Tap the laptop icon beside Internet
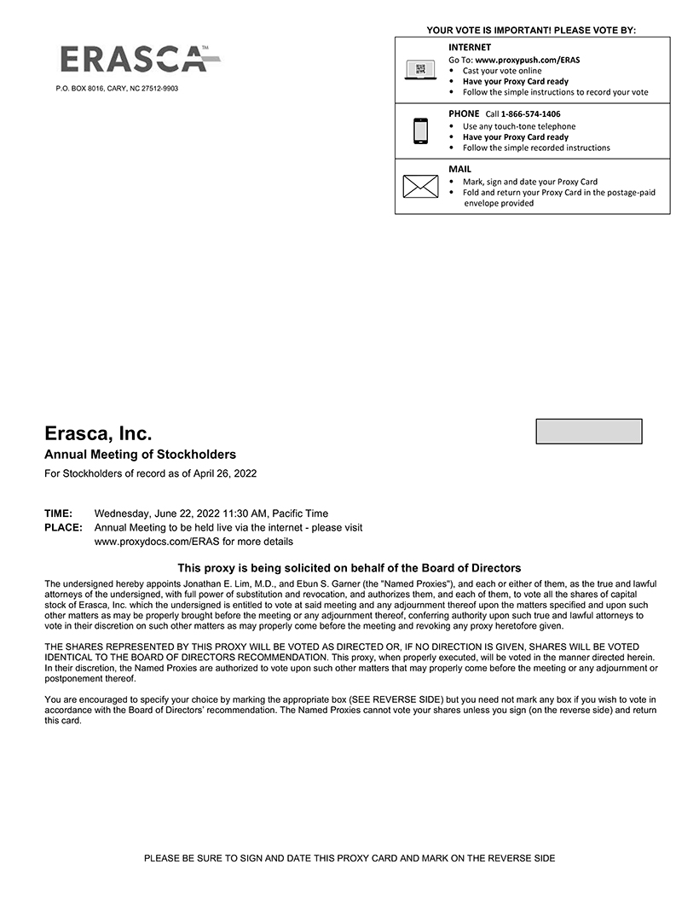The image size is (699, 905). (420, 70)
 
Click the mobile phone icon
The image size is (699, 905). (420, 131)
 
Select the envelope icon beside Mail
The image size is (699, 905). (420, 186)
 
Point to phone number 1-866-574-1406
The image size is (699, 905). (530, 114)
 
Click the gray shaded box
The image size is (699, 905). (588, 432)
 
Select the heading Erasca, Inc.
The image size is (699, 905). (98, 433)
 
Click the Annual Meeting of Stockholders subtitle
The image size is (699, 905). (140, 455)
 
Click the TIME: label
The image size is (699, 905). (58, 513)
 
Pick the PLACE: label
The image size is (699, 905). (62, 528)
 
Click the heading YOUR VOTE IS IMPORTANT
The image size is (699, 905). (531, 31)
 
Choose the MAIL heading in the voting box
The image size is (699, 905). (459, 169)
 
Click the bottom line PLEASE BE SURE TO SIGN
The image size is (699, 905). (349, 858)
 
